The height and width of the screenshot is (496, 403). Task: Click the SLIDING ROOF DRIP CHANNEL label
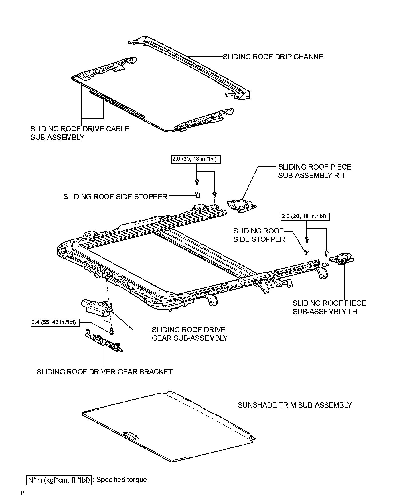point(275,57)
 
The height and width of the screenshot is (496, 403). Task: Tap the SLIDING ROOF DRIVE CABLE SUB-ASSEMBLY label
point(80,133)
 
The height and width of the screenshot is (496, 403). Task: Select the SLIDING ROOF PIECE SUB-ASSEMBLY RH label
point(315,171)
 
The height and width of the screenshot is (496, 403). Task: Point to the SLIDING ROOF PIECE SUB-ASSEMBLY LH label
point(329,307)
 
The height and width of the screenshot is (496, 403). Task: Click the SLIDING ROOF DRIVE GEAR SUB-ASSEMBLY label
point(189,334)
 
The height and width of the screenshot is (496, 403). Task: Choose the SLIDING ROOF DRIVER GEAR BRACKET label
point(105,372)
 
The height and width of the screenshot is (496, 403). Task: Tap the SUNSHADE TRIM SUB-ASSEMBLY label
point(295,405)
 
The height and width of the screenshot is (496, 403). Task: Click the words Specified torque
point(122,480)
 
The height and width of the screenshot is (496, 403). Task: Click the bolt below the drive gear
point(112,332)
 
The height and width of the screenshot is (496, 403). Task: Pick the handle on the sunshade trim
point(131,436)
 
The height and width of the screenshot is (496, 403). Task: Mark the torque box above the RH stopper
point(196,159)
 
